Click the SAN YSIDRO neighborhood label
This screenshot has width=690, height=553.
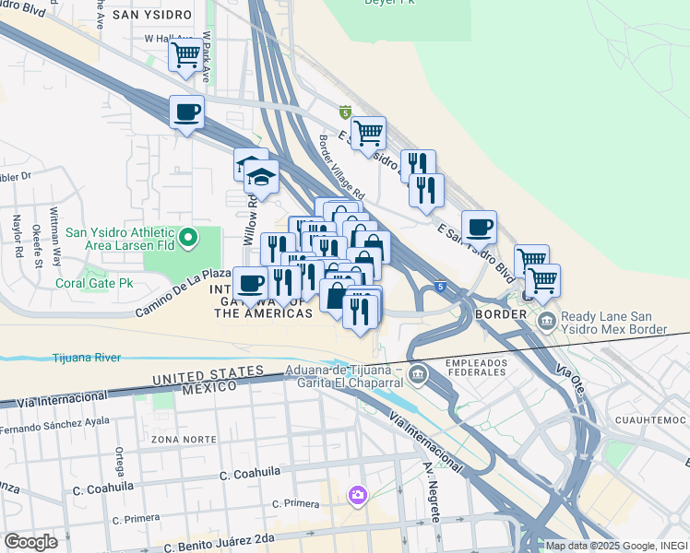point(151,16)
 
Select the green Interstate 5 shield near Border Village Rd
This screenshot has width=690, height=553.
point(345,112)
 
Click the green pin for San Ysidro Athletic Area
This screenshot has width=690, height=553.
point(189,239)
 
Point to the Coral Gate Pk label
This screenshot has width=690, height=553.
point(91,284)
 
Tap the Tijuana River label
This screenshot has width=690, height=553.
point(88,357)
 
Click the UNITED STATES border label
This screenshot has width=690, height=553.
point(208,375)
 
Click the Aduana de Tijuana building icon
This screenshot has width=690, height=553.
point(419,374)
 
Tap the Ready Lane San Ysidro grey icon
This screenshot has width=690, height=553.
point(546,322)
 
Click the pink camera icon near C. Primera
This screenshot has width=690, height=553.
point(357,496)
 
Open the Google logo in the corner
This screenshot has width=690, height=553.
point(30,541)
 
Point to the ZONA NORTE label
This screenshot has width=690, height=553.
point(178,439)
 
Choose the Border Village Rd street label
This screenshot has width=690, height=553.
point(342,170)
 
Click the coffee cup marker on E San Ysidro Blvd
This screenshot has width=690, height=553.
point(479,227)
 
